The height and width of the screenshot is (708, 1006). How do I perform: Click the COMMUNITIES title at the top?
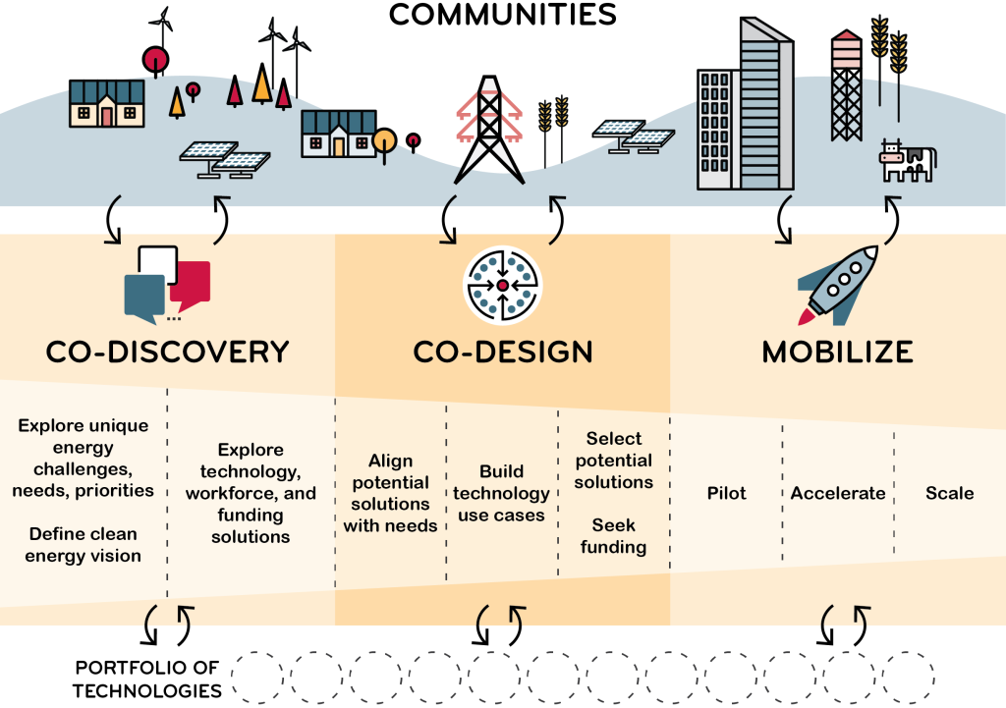pyautogui.click(x=502, y=16)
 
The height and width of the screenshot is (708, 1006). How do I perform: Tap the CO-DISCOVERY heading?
pyautogui.click(x=167, y=352)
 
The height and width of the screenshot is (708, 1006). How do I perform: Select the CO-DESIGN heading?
pyautogui.click(x=502, y=352)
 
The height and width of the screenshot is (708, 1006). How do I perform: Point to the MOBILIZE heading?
pyautogui.click(x=838, y=352)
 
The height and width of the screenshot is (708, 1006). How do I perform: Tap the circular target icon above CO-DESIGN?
pyautogui.click(x=502, y=285)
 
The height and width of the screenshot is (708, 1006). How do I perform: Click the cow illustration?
pyautogui.click(x=908, y=160)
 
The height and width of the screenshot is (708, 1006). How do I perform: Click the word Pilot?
pyautogui.click(x=726, y=493)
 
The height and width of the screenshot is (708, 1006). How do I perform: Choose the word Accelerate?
pyautogui.click(x=838, y=493)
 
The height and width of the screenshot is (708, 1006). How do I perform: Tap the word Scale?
pyautogui.click(x=949, y=493)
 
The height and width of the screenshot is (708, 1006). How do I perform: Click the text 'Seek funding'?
pyautogui.click(x=614, y=536)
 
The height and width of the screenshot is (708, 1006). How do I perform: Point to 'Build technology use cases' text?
pyautogui.click(x=502, y=493)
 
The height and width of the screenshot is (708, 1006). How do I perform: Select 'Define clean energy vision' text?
pyautogui.click(x=84, y=544)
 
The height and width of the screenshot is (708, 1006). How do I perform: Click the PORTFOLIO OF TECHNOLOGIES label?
pyautogui.click(x=147, y=679)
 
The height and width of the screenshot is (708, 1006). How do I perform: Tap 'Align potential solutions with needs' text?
pyautogui.click(x=390, y=493)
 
